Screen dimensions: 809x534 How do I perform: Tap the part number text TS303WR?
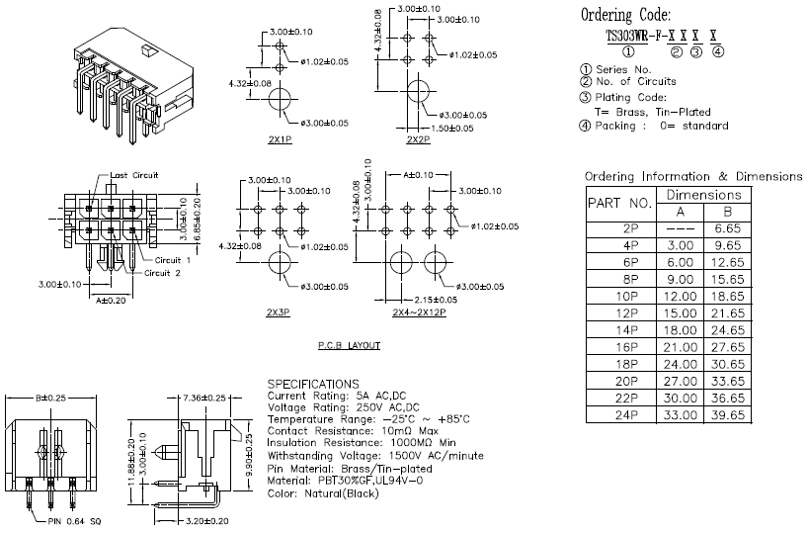coord(627,37)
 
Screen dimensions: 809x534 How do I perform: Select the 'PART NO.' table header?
coord(620,204)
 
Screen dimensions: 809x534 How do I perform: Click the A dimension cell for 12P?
coord(680,312)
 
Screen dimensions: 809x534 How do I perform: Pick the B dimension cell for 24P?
coord(727,414)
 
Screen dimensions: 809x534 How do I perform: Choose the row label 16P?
coord(626,347)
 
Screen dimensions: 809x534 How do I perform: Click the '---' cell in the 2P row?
coord(680,228)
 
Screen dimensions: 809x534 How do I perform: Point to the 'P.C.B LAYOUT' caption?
coord(349,345)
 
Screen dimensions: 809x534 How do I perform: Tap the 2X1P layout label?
coord(281,139)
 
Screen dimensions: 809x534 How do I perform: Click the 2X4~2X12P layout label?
coord(419,312)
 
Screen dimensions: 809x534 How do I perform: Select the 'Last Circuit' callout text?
coord(134,175)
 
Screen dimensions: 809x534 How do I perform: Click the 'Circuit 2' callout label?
coord(162,273)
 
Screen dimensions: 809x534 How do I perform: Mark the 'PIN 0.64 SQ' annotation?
coord(74,521)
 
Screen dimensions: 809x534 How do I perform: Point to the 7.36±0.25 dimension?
coord(204,398)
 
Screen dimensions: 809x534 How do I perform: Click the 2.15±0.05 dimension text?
coord(436,300)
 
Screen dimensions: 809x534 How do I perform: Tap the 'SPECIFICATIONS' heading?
coord(313,384)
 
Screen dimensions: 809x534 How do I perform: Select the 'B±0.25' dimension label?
coord(50,398)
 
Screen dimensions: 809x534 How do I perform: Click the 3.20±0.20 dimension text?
coord(206,521)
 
